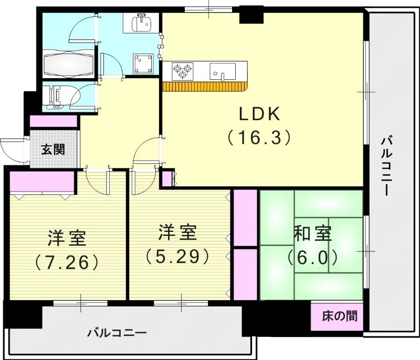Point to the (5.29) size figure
point(178,256)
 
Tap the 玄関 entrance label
point(53,149)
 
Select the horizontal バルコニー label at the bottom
point(117,332)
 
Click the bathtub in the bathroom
point(69,65)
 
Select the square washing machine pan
point(143,64)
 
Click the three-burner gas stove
point(182,70)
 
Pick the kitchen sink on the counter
point(223,70)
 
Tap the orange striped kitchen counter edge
point(204,87)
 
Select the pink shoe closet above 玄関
point(54,121)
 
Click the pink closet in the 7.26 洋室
point(41,182)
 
